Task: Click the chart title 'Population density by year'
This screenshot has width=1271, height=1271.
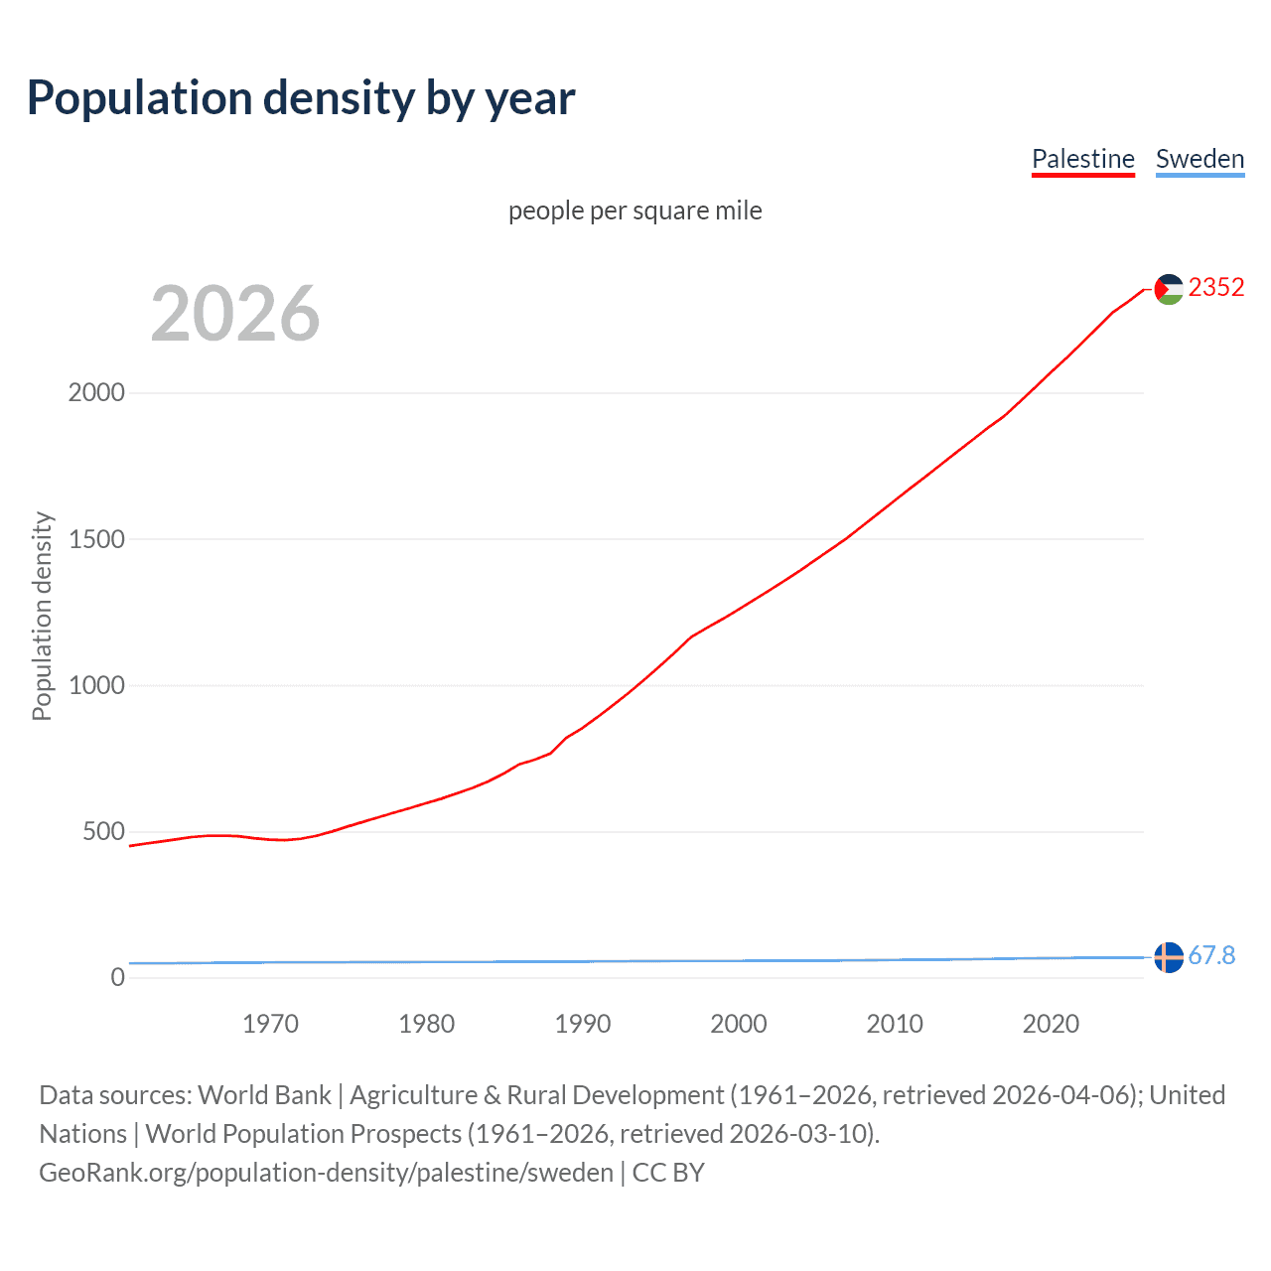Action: [x=301, y=98]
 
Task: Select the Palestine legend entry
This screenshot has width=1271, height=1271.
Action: [x=1082, y=159]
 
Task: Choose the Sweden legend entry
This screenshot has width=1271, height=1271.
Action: [x=1200, y=159]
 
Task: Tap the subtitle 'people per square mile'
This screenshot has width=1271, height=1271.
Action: [x=635, y=211]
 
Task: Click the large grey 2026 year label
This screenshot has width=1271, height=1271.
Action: [x=235, y=314]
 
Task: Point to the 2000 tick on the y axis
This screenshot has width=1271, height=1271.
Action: [x=96, y=392]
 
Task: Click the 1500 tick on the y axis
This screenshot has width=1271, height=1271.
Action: [x=96, y=539]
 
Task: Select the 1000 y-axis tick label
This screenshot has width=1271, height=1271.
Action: [x=96, y=685]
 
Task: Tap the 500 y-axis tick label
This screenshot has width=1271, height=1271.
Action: [x=103, y=831]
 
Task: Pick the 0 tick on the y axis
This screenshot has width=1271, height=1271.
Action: [x=118, y=977]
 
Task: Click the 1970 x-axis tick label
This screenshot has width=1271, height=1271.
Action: [x=270, y=1024]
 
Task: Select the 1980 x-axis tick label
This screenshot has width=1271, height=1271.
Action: [x=426, y=1024]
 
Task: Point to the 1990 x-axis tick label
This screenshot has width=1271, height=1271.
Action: [x=583, y=1024]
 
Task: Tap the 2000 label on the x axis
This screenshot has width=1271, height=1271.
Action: [x=739, y=1024]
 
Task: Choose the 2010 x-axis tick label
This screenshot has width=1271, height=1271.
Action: [x=895, y=1024]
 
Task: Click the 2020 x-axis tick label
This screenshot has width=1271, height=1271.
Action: [x=1051, y=1024]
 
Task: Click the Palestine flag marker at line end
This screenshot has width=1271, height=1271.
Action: [x=1169, y=289]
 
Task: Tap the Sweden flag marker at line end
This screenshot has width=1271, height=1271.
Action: [x=1169, y=957]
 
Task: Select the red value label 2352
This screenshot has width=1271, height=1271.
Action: [x=1216, y=287]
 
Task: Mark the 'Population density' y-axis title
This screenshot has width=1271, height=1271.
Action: [x=42, y=616]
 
